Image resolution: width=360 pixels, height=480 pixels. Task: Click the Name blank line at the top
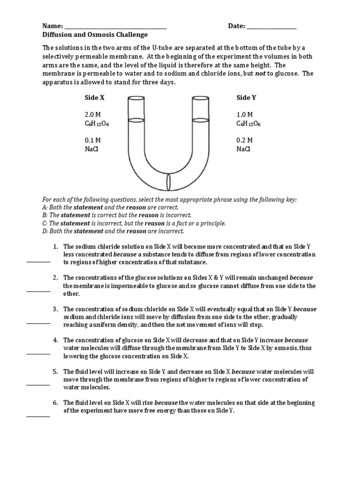(x=115, y=29)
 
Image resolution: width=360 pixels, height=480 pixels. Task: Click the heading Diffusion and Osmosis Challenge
(x=95, y=35)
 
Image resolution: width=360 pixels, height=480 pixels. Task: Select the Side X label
(x=94, y=98)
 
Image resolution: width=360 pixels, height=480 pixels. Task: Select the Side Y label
(x=246, y=98)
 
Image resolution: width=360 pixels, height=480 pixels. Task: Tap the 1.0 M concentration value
(x=245, y=114)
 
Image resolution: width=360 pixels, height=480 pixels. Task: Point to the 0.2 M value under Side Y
(x=245, y=140)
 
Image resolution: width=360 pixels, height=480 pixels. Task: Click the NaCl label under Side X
(x=91, y=149)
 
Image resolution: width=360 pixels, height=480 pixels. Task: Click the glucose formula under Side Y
(x=248, y=124)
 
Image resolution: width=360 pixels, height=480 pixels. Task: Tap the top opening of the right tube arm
(x=202, y=98)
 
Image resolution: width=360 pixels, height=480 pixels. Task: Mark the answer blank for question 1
(x=38, y=262)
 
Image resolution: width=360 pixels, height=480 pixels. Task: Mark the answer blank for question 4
(x=38, y=354)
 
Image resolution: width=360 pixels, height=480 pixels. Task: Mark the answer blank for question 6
(x=38, y=416)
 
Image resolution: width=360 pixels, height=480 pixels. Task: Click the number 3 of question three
(x=55, y=309)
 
